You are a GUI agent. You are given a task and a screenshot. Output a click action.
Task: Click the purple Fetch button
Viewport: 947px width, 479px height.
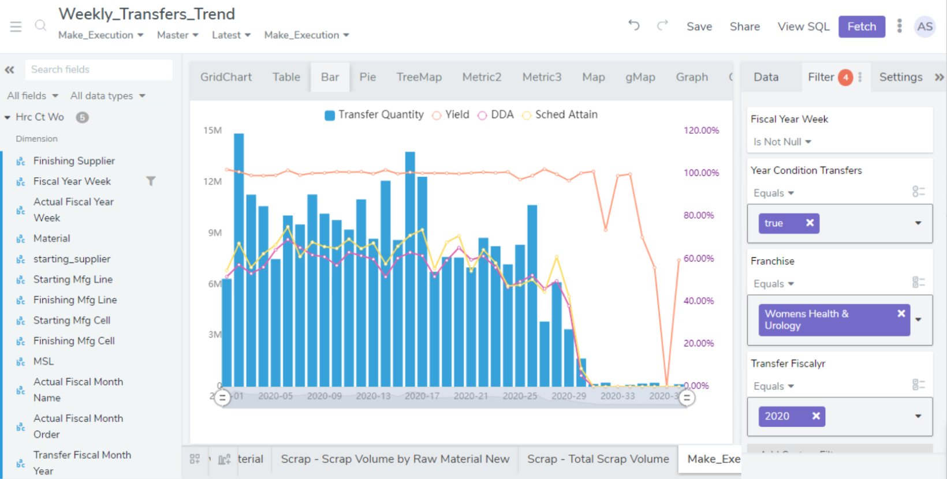click(862, 27)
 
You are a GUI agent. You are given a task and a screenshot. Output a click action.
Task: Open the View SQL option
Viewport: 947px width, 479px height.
click(803, 27)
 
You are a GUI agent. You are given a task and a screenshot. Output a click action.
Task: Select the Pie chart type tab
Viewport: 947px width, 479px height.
click(367, 77)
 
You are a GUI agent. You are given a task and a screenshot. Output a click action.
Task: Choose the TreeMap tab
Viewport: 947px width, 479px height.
click(419, 77)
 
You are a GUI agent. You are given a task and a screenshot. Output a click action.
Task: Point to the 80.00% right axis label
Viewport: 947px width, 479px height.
click(699, 215)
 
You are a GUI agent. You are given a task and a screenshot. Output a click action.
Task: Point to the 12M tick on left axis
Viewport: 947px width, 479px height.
click(212, 181)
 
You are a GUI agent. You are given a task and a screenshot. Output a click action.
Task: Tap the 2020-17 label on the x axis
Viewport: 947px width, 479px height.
click(422, 396)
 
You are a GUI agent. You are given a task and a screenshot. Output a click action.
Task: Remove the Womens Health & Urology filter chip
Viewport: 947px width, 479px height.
click(901, 313)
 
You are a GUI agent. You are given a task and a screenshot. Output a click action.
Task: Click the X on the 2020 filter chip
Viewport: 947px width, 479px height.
click(816, 416)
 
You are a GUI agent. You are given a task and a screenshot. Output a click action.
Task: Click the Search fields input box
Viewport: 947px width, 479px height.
click(98, 69)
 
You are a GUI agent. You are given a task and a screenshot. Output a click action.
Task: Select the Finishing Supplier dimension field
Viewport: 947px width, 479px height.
click(74, 161)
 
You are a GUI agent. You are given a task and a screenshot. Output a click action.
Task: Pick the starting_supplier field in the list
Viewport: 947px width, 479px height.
click(72, 259)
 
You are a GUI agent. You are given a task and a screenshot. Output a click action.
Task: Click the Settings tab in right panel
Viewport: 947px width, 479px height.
click(900, 77)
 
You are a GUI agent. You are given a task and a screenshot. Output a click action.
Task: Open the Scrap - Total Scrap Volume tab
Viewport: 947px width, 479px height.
click(598, 459)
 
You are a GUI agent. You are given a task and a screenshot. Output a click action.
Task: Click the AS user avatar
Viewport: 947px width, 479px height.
click(924, 27)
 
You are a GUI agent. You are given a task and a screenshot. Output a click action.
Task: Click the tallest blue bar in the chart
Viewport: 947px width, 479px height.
click(238, 260)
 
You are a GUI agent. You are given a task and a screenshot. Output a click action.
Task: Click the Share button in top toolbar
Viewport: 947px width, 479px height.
click(744, 27)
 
